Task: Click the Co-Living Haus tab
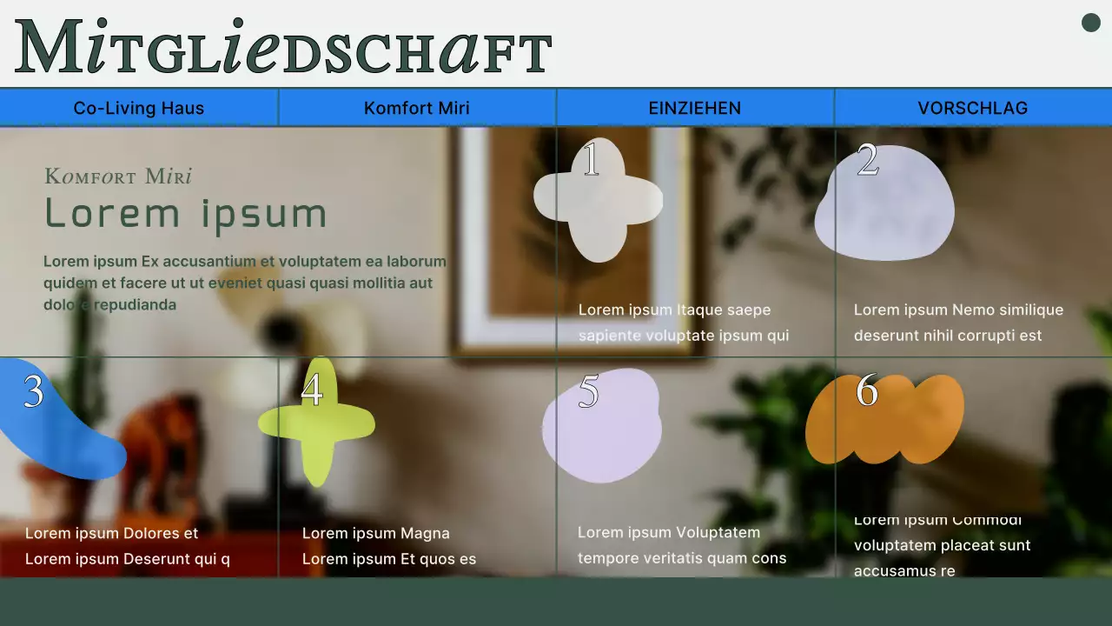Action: coord(139,108)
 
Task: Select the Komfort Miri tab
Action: coord(417,108)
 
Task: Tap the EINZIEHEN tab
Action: coord(695,108)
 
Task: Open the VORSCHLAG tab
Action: coord(973,108)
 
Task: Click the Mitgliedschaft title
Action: coord(283,49)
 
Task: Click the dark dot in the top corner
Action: coord(1091,23)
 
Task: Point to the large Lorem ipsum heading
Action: coord(186,214)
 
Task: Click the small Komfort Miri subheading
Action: coord(118,176)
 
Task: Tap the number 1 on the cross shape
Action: coord(592,160)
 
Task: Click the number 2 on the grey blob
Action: coord(868,160)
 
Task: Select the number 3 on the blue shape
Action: coord(34,392)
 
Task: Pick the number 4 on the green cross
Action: coord(312,390)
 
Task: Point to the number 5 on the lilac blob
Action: coord(589,392)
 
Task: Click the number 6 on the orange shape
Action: coord(867,391)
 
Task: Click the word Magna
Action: coord(425,533)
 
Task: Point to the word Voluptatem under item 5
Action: coord(718,532)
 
